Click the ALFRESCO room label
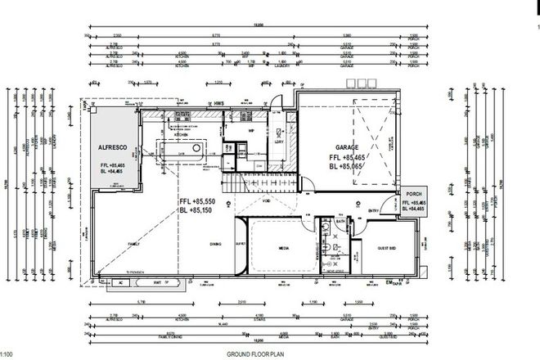tap(110, 148)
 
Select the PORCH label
tap(415, 194)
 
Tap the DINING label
tap(214, 243)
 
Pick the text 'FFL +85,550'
tap(197, 202)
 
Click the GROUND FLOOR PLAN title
tap(254, 353)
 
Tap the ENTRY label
tap(373, 209)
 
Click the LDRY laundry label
tap(278, 140)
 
